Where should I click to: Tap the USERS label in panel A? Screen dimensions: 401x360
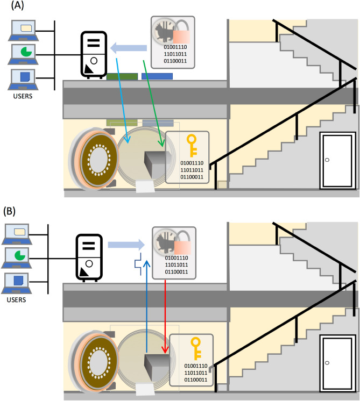23,97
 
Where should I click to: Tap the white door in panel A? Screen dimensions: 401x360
336,160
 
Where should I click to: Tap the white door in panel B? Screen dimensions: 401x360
336,363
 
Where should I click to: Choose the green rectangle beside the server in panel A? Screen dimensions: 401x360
122,77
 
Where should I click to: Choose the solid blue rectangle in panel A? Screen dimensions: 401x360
157,77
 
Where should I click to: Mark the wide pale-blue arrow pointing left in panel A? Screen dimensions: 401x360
130,49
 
